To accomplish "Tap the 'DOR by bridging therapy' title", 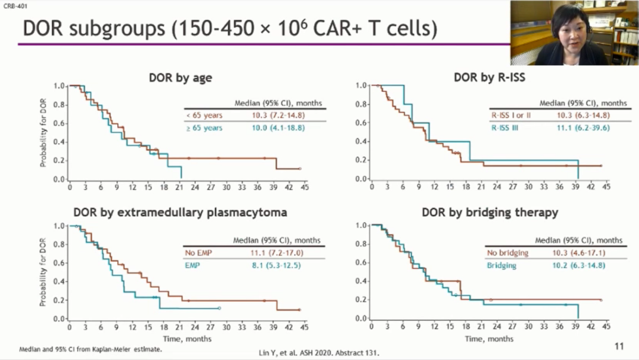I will (490, 213).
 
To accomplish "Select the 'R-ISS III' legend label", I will (504, 127).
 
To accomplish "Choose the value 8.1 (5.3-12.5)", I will (276, 265).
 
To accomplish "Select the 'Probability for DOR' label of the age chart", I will (44, 133).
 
